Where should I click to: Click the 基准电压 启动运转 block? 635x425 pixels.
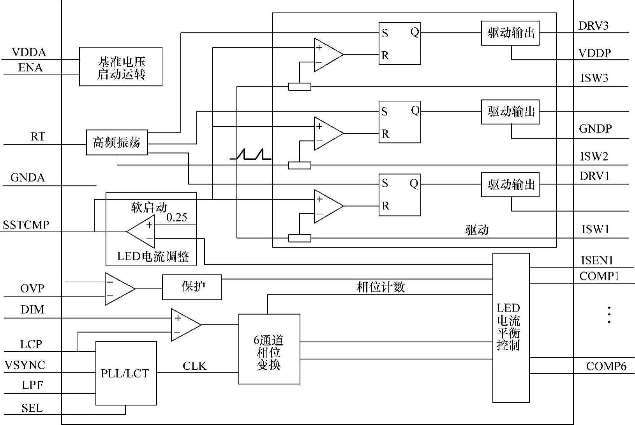pyautogui.click(x=121, y=66)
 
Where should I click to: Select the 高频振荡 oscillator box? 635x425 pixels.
pyautogui.click(x=117, y=142)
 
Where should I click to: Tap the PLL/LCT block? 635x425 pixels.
pyautogui.click(x=126, y=373)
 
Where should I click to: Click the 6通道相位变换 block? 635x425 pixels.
pyautogui.click(x=269, y=349)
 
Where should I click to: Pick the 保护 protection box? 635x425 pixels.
pyautogui.click(x=192, y=287)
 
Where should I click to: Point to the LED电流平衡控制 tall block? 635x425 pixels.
pyautogui.click(x=511, y=328)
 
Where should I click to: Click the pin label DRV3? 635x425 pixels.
pyautogui.click(x=593, y=26)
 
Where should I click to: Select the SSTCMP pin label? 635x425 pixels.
pyautogui.click(x=26, y=225)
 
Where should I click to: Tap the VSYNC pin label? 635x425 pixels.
pyautogui.click(x=25, y=365)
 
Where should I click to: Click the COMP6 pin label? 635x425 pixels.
pyautogui.click(x=606, y=366)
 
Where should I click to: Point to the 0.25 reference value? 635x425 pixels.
pyautogui.click(x=176, y=217)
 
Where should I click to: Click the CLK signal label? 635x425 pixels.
pyautogui.click(x=195, y=366)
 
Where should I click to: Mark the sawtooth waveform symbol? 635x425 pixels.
pyautogui.click(x=250, y=154)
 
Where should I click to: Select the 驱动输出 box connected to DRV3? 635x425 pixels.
pyautogui.click(x=510, y=33)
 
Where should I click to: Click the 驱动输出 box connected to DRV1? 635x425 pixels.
pyautogui.click(x=510, y=184)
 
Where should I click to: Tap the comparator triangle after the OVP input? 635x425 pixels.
pyautogui.click(x=120, y=289)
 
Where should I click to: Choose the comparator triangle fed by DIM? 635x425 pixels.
pyautogui.click(x=186, y=325)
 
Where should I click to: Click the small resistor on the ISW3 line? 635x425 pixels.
pyautogui.click(x=300, y=87)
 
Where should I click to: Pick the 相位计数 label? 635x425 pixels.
pyautogui.click(x=381, y=287)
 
